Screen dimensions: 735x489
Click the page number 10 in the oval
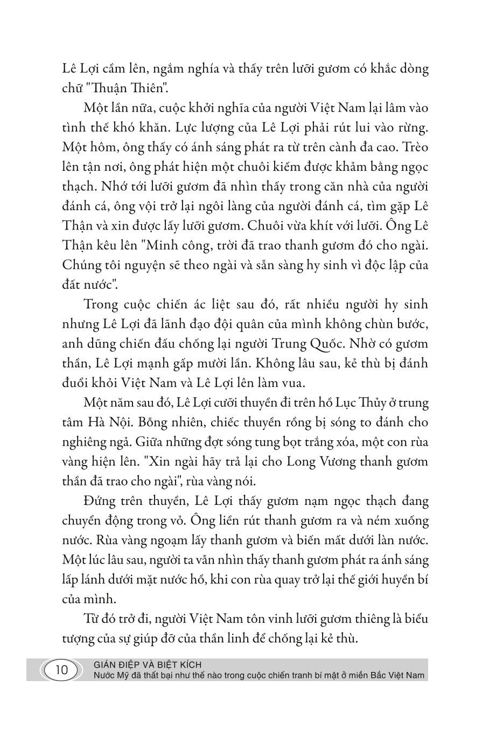tap(61, 671)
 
